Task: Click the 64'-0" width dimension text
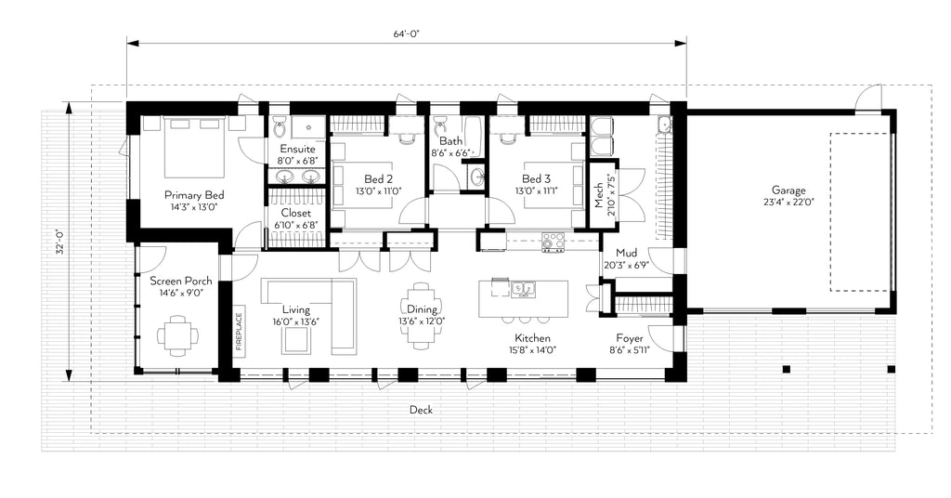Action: point(407,33)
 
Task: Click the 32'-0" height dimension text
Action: point(59,241)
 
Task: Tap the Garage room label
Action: point(787,190)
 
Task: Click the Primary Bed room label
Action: point(194,195)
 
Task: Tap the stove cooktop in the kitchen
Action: point(554,242)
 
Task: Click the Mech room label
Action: point(599,194)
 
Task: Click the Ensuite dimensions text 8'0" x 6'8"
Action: point(297,161)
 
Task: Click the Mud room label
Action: point(625,252)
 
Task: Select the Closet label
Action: point(296,213)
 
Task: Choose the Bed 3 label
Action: point(536,179)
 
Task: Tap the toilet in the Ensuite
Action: point(281,127)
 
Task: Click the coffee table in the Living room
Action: point(297,342)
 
